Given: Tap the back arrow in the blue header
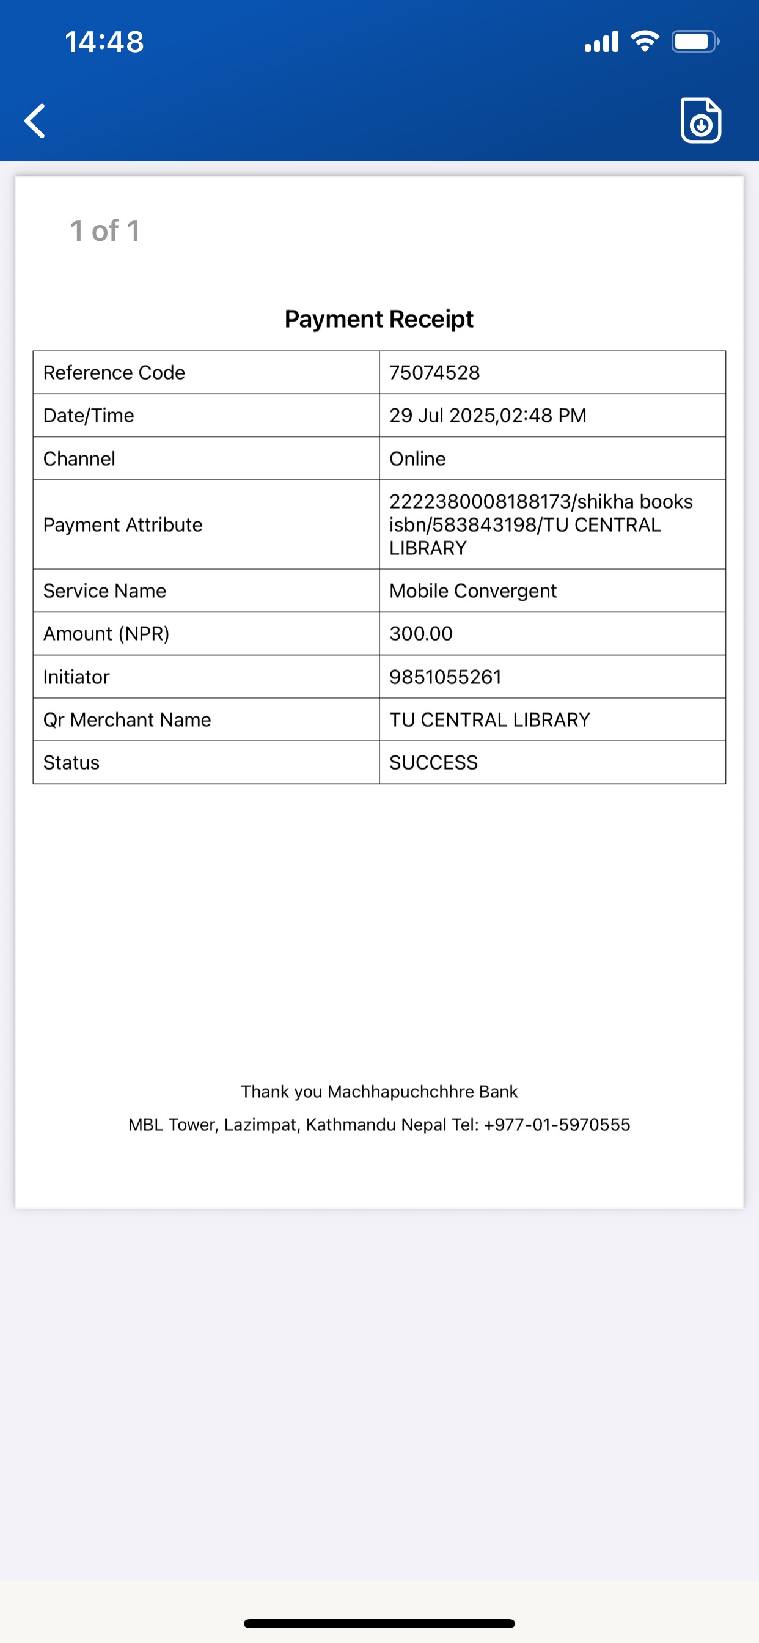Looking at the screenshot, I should [x=35, y=120].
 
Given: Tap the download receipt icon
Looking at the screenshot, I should [x=700, y=120].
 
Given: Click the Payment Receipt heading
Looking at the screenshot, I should [x=379, y=319].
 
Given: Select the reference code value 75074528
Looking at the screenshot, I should [x=435, y=372].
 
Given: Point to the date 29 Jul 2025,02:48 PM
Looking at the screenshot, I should [x=487, y=415].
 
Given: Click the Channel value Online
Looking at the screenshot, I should [x=417, y=458].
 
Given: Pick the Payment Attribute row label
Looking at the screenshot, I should [x=122, y=524].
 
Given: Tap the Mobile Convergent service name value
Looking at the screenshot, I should [x=472, y=590].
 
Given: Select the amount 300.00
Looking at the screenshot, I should [x=421, y=633].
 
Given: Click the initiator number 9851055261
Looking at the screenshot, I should [x=446, y=677].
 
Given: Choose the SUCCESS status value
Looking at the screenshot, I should [x=433, y=762].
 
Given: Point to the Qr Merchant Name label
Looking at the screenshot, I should [x=127, y=719].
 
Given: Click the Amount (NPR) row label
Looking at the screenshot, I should [x=106, y=633].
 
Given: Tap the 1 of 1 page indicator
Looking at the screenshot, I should [x=105, y=231].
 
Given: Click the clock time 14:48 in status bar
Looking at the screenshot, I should [x=104, y=42].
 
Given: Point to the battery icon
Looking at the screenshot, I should [x=695, y=42].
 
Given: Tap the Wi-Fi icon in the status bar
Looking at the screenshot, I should [x=644, y=42].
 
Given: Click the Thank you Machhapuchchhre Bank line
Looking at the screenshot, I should [x=379, y=1091].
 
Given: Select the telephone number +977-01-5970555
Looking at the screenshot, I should [x=557, y=1125].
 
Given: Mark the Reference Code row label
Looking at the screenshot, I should [x=114, y=372].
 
